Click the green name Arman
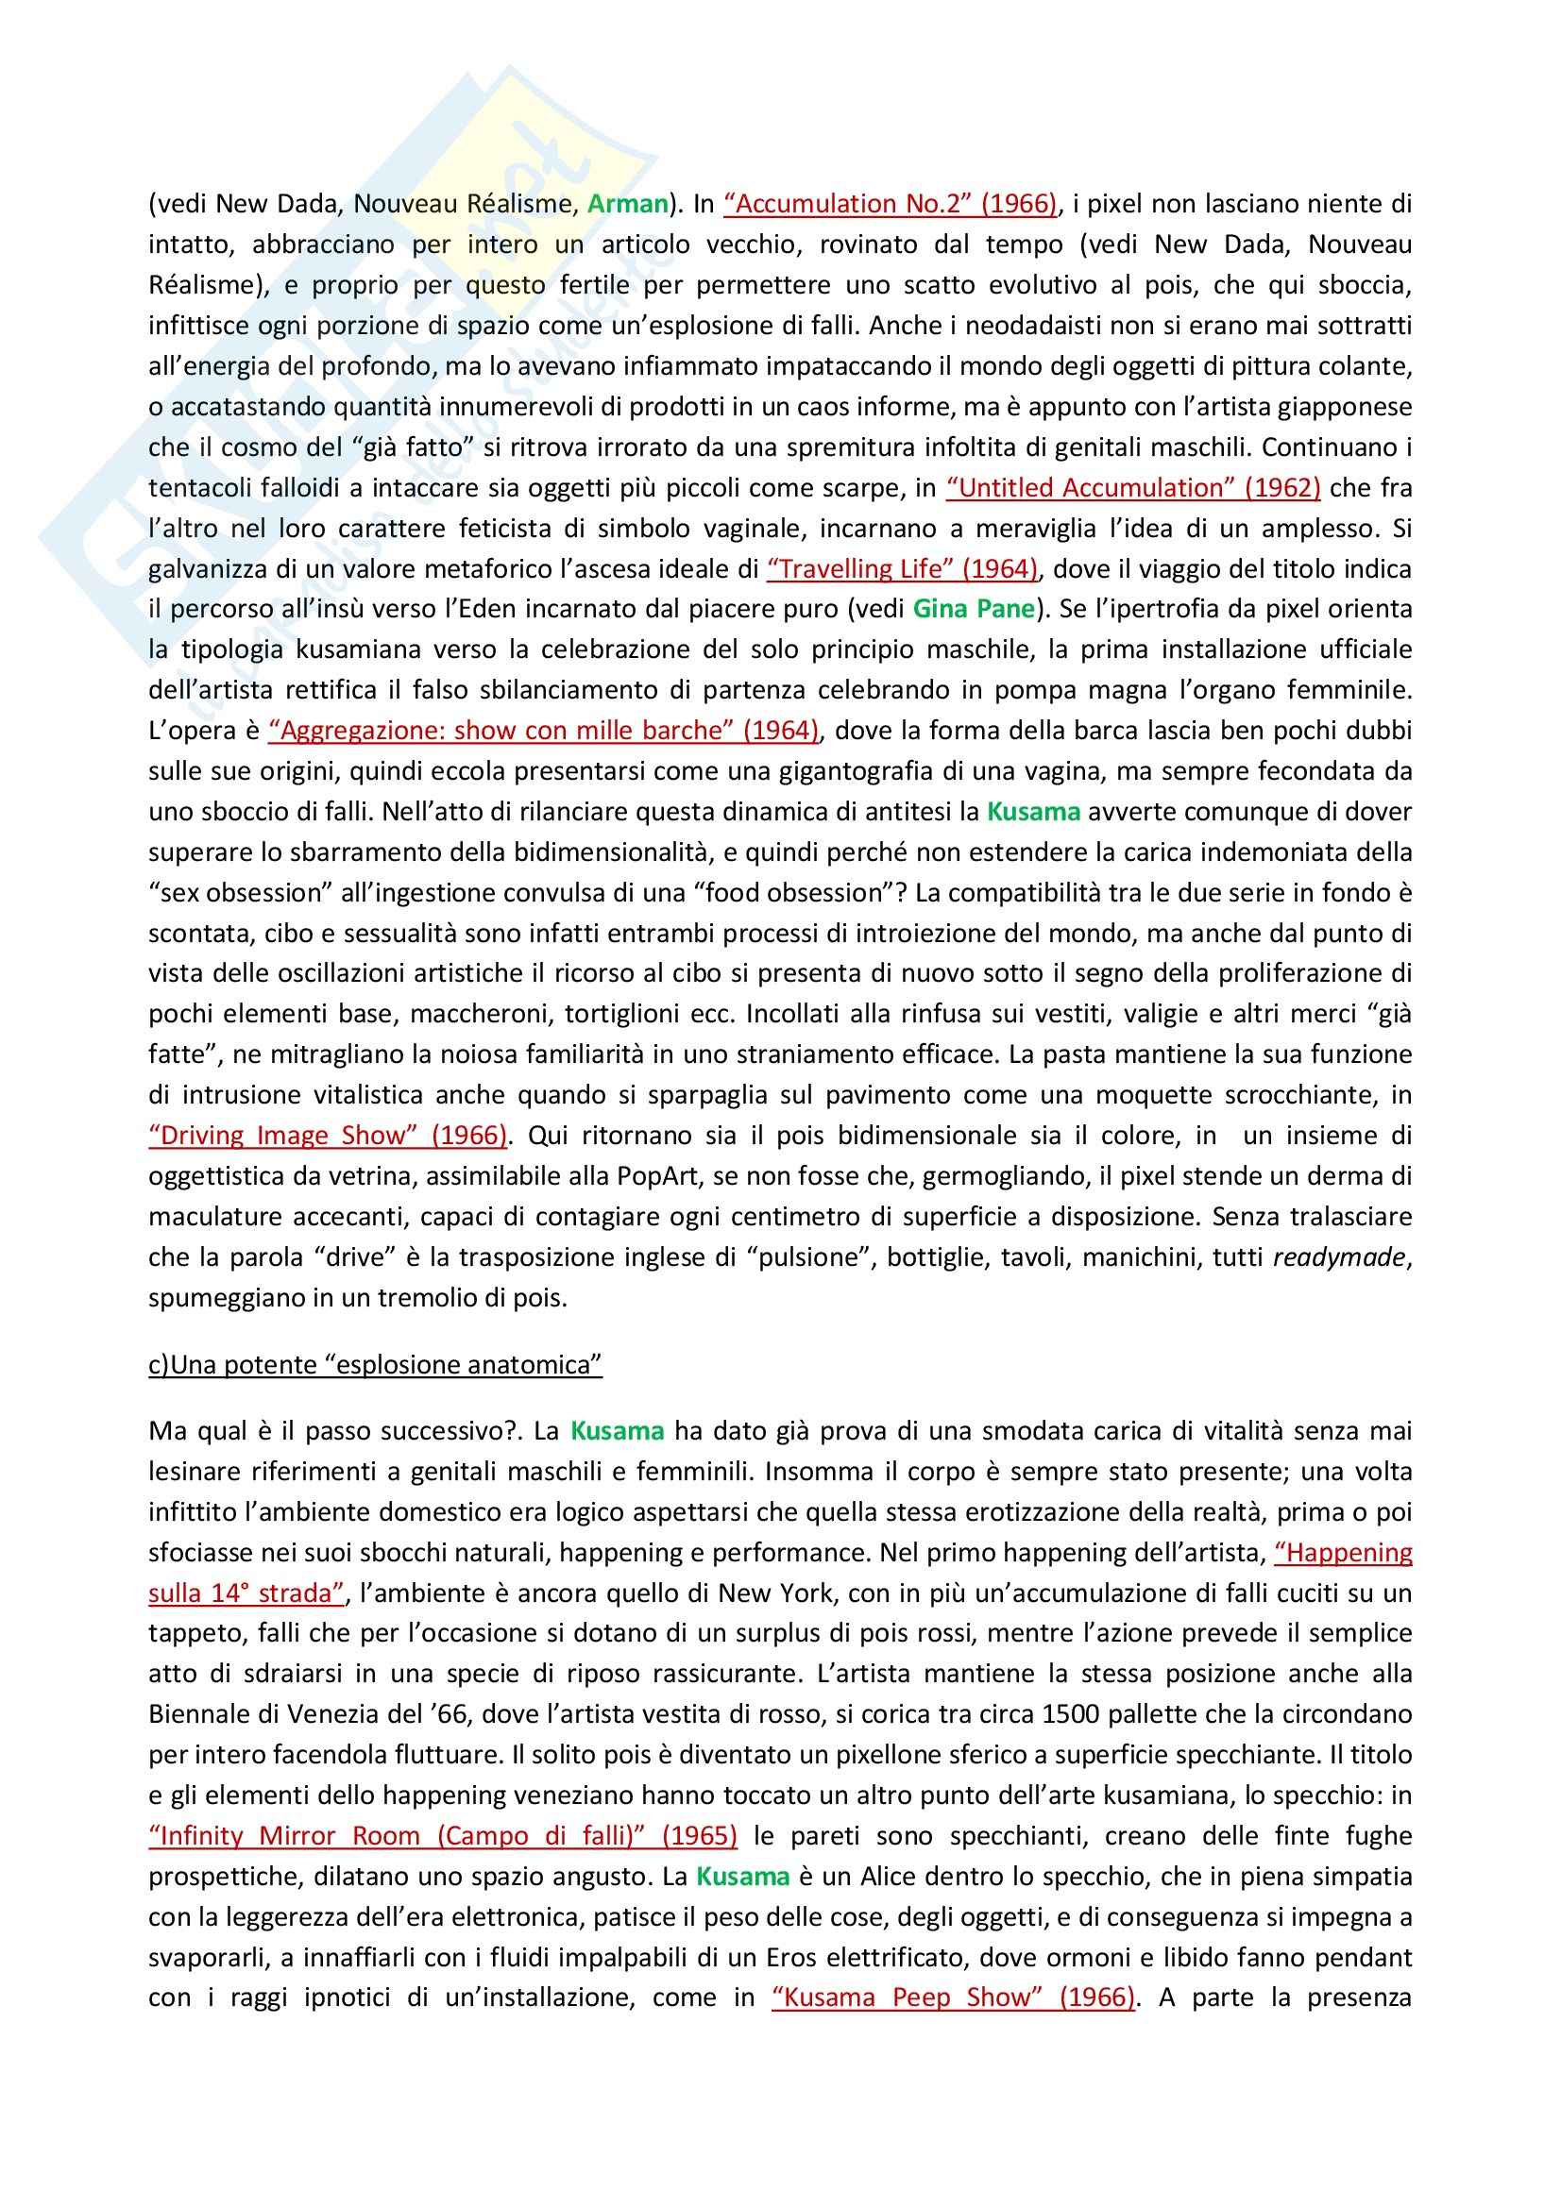click(x=627, y=204)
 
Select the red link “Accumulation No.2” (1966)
click(x=891, y=204)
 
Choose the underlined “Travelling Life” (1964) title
click(x=902, y=568)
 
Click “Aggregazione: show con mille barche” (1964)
click(x=543, y=731)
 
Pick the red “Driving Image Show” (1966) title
click(x=328, y=1136)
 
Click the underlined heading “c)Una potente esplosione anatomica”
click(x=375, y=1365)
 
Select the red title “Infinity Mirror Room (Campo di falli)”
click(x=444, y=1836)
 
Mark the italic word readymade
click(x=1341, y=1256)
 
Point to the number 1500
click(x=1148, y=1713)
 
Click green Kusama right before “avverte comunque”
click(x=1033, y=812)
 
